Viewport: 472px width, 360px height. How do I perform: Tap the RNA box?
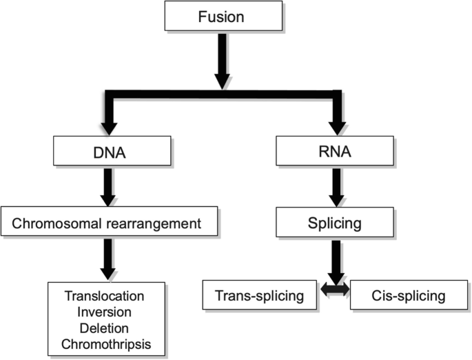click(336, 150)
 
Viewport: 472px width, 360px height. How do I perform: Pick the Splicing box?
click(336, 223)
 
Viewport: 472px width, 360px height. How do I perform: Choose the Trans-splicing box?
click(260, 297)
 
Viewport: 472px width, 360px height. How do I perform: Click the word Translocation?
click(105, 296)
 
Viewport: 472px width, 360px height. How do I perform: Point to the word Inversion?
click(105, 311)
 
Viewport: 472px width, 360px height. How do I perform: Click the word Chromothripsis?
click(105, 342)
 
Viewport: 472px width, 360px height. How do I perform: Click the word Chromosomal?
click(65, 223)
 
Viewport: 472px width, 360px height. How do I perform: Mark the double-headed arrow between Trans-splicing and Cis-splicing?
click(336, 292)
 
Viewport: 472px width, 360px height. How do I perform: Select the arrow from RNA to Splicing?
click(336, 187)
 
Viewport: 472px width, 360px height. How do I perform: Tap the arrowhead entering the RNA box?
click(336, 127)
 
